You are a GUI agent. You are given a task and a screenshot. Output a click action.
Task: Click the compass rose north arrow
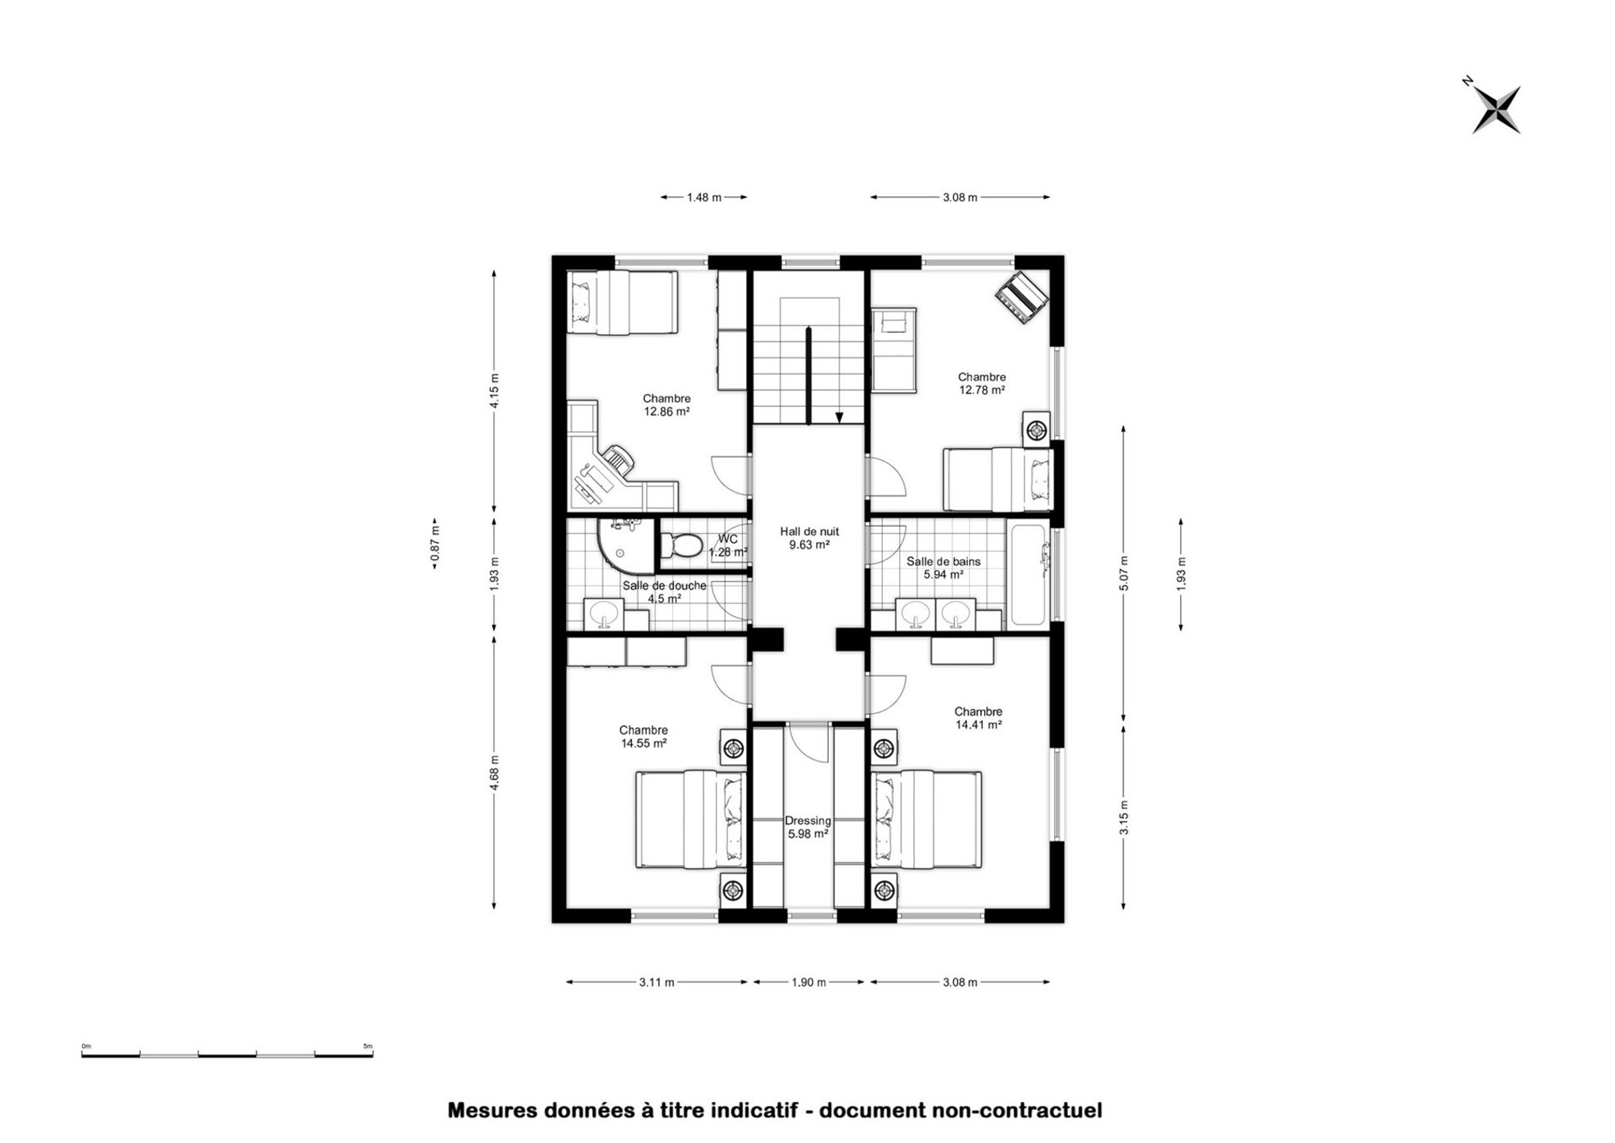(1497, 110)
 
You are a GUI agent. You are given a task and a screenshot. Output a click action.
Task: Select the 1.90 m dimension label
(809, 982)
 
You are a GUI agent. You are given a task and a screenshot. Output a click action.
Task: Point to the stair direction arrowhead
(839, 417)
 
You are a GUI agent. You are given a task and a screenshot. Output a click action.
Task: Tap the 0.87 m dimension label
(436, 544)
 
